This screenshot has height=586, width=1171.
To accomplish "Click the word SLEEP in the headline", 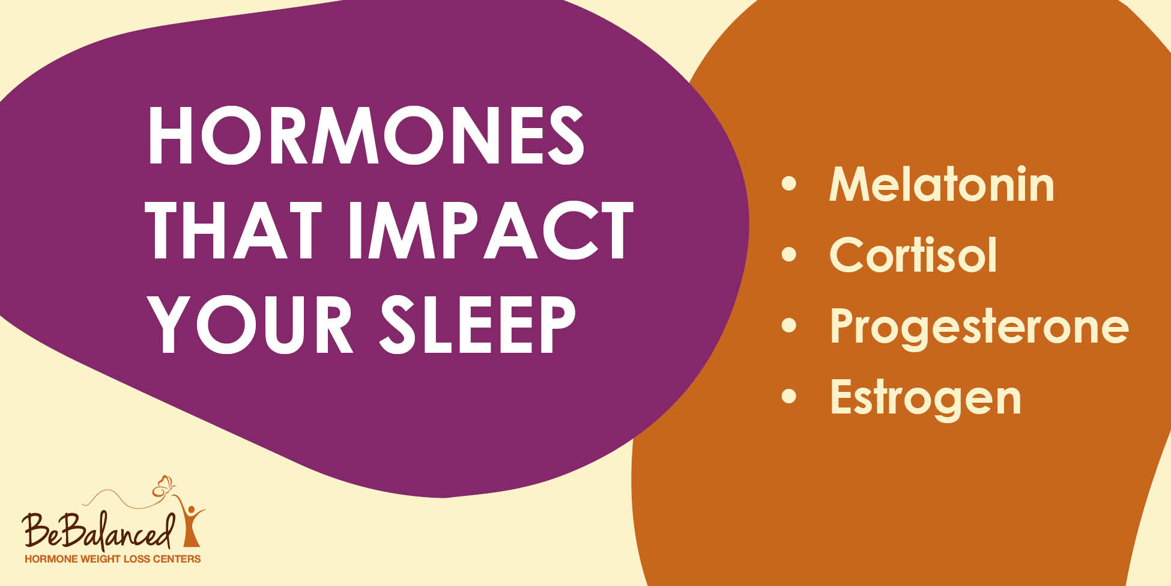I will (x=477, y=325).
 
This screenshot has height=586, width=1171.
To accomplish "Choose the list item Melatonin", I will (x=941, y=185).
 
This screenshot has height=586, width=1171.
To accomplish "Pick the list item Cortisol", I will (x=913, y=255).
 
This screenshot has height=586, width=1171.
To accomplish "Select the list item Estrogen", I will (x=925, y=397).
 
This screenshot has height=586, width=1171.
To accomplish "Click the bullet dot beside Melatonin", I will (x=788, y=184).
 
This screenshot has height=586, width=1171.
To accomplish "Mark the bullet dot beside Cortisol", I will (x=788, y=255).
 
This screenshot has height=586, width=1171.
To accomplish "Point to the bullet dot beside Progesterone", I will (x=788, y=325).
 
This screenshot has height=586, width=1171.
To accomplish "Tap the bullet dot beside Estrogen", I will (x=788, y=396).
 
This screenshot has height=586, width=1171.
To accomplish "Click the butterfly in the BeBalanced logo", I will (x=163, y=486).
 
